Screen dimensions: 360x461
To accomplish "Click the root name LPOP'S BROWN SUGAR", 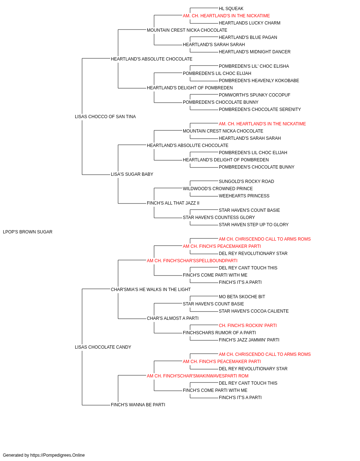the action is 28,232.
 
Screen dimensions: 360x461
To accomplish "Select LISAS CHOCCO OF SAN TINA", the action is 105,117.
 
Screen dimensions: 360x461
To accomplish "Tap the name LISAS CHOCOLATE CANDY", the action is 103,347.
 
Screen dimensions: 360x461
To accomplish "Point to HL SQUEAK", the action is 231,9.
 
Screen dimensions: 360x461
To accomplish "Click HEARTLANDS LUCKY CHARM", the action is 249,23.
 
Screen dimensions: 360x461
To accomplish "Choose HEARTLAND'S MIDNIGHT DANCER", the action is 255,52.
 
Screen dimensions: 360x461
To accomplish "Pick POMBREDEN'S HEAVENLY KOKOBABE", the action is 259,81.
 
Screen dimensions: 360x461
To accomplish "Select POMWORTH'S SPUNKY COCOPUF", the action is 255,95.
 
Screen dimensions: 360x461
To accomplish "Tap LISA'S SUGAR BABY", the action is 132,174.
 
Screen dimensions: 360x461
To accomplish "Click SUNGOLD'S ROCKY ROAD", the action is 246,182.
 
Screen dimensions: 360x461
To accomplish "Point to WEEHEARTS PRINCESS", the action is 244,196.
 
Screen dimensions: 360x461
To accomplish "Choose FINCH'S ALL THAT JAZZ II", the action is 173,203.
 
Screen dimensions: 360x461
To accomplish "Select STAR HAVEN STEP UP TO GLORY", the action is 253,225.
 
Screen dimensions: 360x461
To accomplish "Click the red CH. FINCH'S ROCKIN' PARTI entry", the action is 248,326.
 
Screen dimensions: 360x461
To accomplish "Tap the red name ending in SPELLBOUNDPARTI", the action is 192,261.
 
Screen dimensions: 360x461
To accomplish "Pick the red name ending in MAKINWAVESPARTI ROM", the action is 198,376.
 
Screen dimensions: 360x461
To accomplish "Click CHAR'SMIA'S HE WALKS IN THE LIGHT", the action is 151,290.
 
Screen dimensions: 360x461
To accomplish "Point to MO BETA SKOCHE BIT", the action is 242,297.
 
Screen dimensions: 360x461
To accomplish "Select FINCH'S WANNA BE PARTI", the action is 138,405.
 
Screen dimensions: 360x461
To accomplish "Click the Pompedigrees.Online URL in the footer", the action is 58,455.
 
